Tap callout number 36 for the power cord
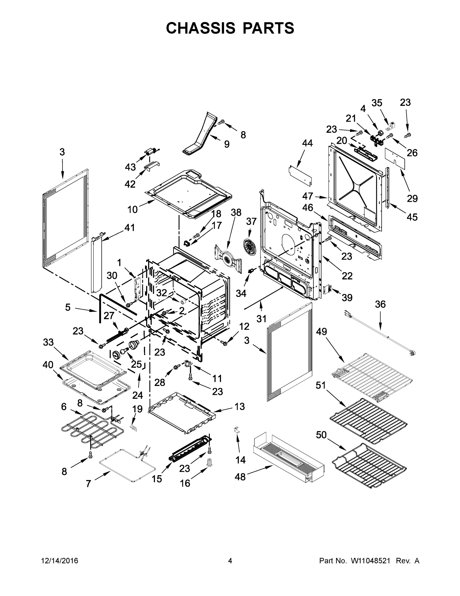380,304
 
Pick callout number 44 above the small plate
307,143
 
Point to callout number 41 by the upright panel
130,227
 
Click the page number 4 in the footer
230,560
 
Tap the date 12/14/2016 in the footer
60,560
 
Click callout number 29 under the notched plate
412,198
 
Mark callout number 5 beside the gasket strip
68,307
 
